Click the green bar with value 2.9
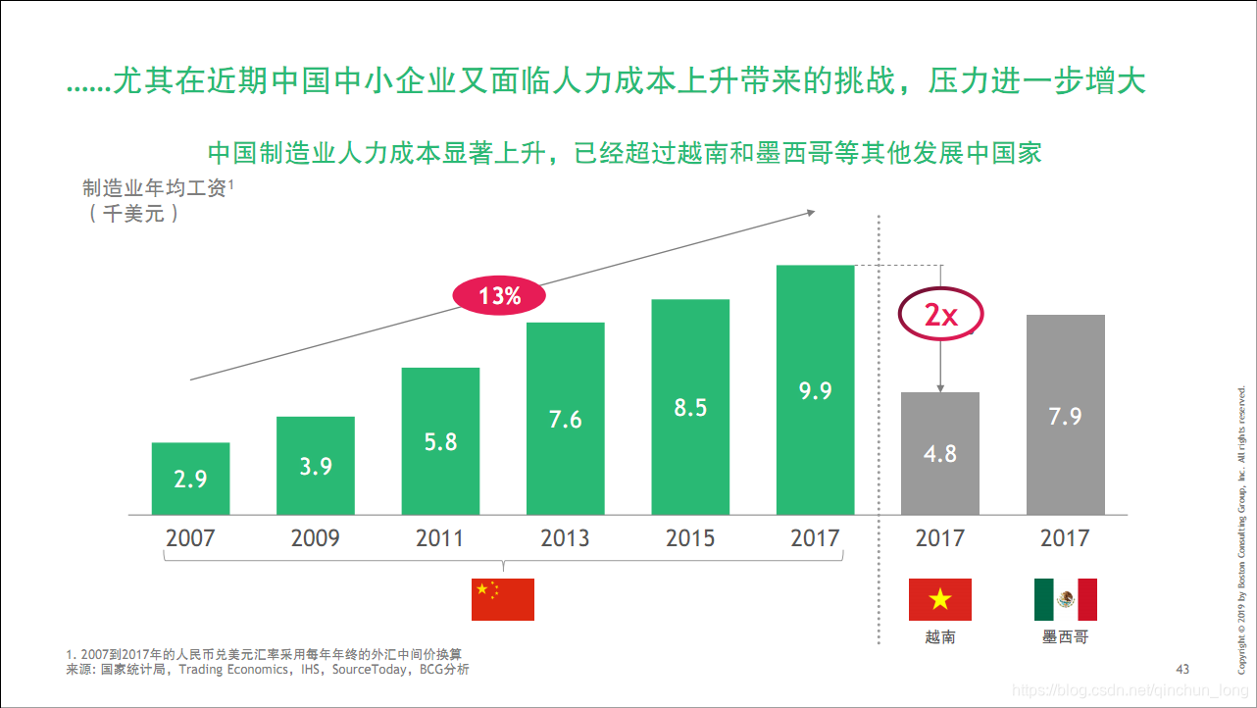pyautogui.click(x=190, y=479)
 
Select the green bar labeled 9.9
pyautogui.click(x=815, y=390)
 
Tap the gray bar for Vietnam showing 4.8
pyautogui.click(x=939, y=453)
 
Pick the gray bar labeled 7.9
pyautogui.click(x=1065, y=415)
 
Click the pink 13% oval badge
pyautogui.click(x=498, y=295)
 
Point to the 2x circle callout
pyautogui.click(x=940, y=314)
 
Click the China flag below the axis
pyautogui.click(x=502, y=599)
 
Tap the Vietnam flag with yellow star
pyautogui.click(x=939, y=599)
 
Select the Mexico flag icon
pyautogui.click(x=1065, y=599)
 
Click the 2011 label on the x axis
pyautogui.click(x=440, y=538)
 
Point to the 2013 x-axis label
pyautogui.click(x=565, y=538)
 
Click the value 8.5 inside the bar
pyautogui.click(x=690, y=408)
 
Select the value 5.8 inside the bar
pyautogui.click(x=440, y=442)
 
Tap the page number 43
pyautogui.click(x=1182, y=669)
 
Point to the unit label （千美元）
pyautogui.click(x=133, y=213)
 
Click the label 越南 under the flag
pyautogui.click(x=939, y=637)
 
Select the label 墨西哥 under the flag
pyautogui.click(x=1065, y=637)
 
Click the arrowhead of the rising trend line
pyautogui.click(x=810, y=211)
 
